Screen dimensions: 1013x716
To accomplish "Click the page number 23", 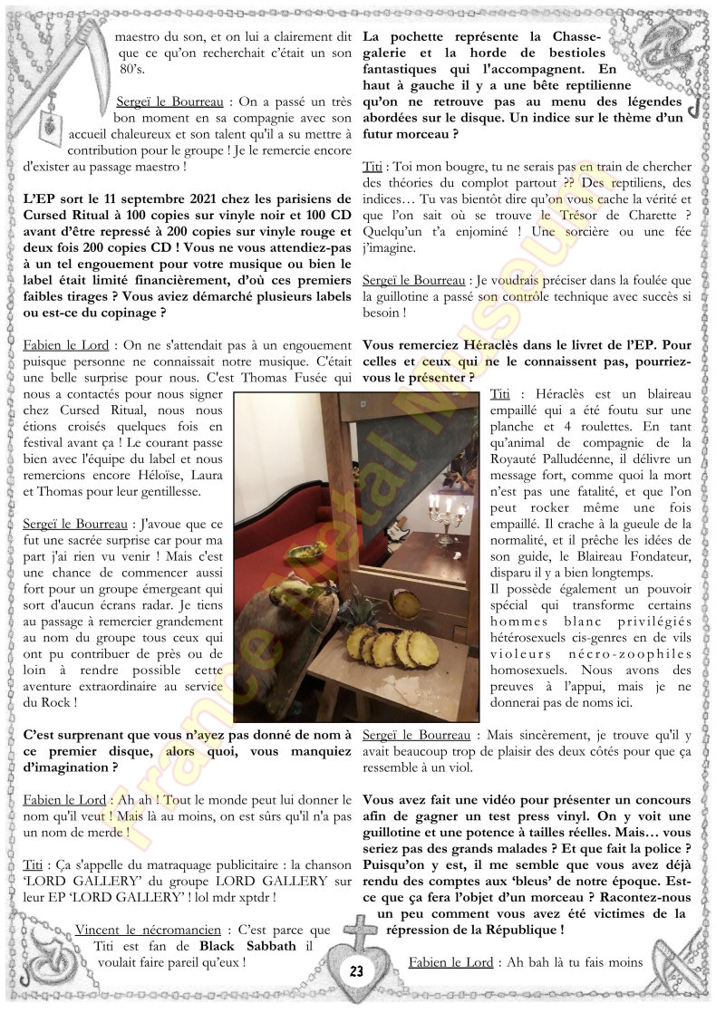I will pos(356,970).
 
